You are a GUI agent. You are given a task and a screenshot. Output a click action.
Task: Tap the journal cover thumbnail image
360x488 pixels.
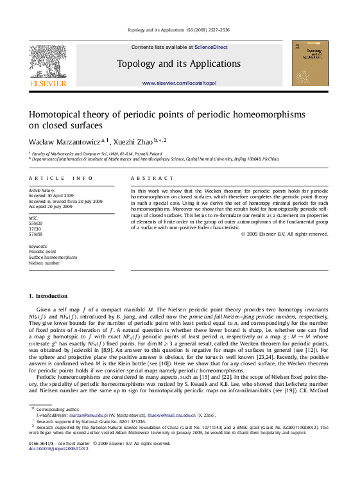click(x=310, y=63)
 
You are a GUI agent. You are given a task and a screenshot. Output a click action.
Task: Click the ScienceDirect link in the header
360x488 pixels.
click(x=210, y=47)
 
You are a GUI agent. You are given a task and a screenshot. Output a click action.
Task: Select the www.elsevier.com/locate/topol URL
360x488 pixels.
click(x=179, y=83)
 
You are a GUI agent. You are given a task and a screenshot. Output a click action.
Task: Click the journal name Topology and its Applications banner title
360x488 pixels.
click(x=179, y=64)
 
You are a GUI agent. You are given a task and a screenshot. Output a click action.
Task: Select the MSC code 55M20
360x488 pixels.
click(x=36, y=223)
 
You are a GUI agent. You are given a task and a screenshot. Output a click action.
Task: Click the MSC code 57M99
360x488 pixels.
click(x=36, y=235)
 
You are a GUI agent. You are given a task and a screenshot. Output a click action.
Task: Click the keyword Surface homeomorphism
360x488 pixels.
click(x=53, y=257)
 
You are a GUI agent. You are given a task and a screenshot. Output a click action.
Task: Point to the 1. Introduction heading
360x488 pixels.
click(x=48, y=296)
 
